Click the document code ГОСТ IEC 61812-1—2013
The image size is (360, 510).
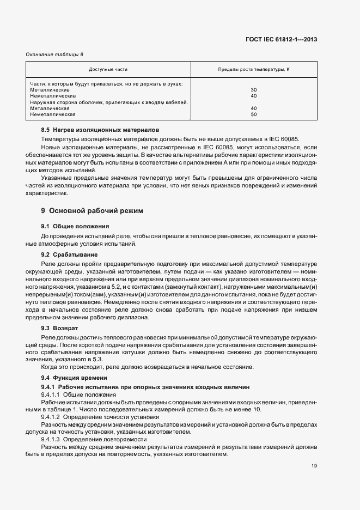pos(283,40)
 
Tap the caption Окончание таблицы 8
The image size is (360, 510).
pos(54,54)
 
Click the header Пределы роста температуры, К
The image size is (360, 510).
pos(254,70)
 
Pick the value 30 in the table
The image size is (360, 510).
pos(253,90)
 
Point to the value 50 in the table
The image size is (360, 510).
pos(253,115)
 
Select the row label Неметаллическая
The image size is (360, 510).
pos(53,115)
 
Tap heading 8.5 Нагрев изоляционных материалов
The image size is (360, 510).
pos(100,131)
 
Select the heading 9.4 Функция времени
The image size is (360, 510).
pos(74,378)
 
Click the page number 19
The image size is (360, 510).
pos(314,466)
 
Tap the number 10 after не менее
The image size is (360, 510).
pos(258,409)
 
